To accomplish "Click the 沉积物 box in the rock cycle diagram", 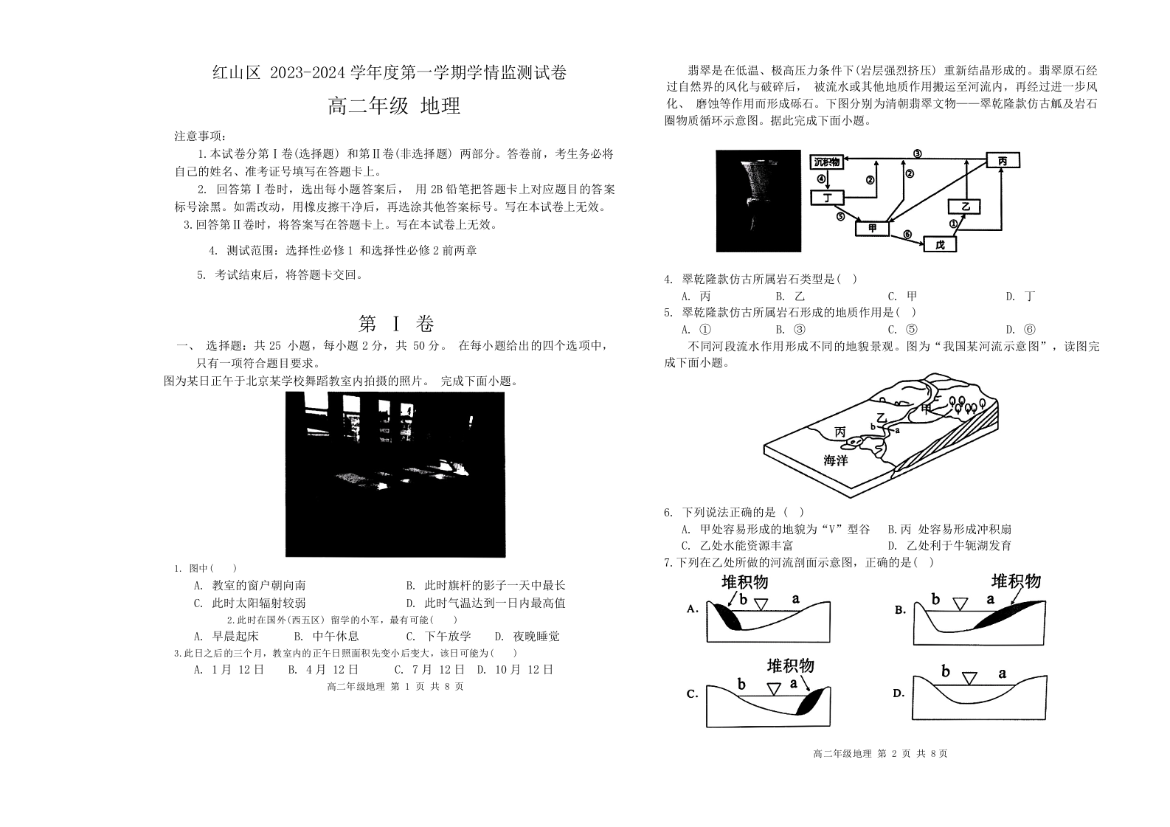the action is point(827,162).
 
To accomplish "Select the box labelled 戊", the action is point(940,244).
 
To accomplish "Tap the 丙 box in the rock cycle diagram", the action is point(1003,160).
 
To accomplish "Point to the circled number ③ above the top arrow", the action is point(917,153).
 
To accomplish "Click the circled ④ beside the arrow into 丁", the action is point(820,179).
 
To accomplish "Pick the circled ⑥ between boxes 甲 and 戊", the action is point(907,235).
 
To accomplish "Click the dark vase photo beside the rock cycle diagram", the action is point(758,201).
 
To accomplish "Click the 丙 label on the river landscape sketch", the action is point(840,432).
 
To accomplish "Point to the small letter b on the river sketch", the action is point(873,426).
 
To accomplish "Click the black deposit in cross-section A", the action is point(727,617).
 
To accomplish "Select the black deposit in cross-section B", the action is point(1009,615).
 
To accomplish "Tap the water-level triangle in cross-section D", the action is point(969,678).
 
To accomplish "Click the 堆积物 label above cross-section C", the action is point(790,665).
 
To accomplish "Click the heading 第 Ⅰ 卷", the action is point(396,324).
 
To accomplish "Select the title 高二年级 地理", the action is point(395,106).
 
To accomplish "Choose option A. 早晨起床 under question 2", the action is point(226,636).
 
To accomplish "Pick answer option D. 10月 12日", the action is point(514,669).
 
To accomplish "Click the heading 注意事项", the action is point(200,136).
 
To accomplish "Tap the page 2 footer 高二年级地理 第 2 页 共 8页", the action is point(881,753).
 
